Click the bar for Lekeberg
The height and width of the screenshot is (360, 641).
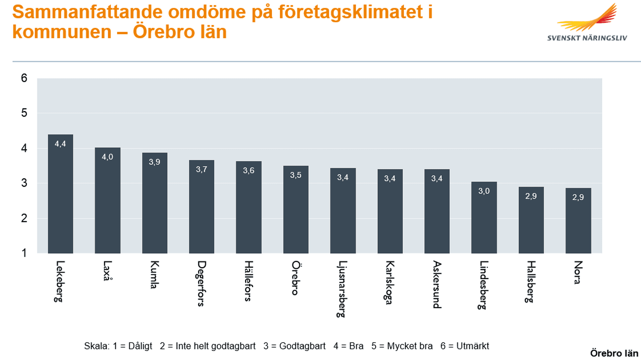(x=60, y=200)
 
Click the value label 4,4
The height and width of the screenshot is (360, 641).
(x=60, y=144)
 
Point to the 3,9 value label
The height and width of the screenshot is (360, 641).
(x=155, y=162)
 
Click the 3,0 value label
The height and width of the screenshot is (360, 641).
(x=484, y=191)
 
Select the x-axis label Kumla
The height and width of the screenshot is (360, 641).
(x=154, y=275)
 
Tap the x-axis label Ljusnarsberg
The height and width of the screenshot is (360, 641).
(x=342, y=289)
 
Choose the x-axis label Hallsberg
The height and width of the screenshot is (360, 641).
(x=530, y=282)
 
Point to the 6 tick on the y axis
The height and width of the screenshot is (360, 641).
(x=24, y=78)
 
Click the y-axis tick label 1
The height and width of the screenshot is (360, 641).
(x=24, y=253)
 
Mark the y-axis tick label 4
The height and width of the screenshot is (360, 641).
(x=24, y=148)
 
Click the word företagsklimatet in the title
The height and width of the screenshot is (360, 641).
(x=351, y=12)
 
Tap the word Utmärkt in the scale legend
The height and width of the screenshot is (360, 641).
(x=472, y=346)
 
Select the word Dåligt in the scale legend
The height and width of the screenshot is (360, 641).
(x=140, y=346)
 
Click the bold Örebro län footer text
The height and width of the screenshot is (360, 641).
(x=614, y=353)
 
